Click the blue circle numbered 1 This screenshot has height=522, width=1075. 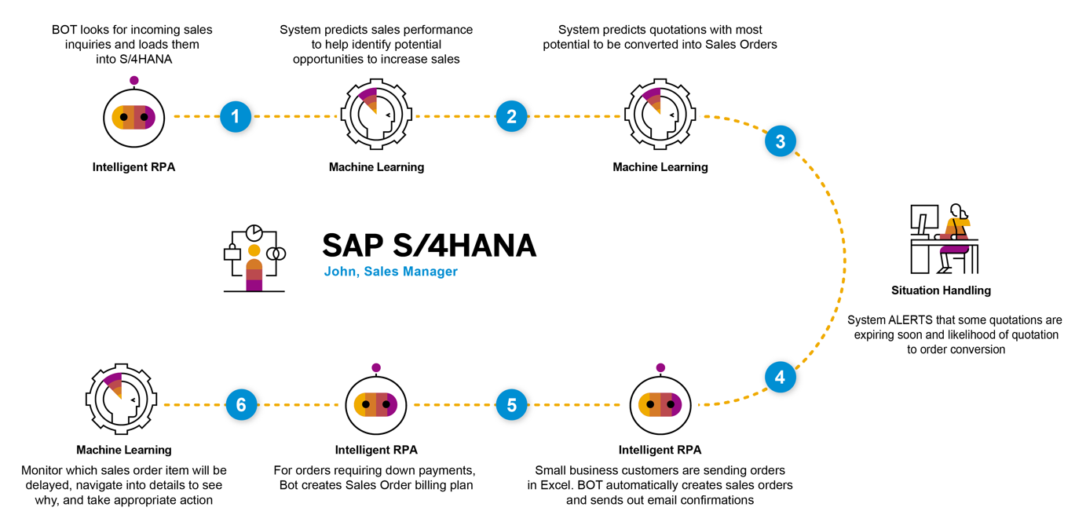coord(236,116)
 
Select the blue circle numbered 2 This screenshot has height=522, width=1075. coord(511,116)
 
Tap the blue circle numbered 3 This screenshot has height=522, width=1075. coord(780,141)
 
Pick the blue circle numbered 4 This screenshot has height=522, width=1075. coord(780,378)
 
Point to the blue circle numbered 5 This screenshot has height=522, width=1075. coord(511,405)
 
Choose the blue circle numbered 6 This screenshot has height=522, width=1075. coord(241,405)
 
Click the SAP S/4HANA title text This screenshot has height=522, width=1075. coord(429,246)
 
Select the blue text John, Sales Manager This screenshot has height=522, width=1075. coord(390,272)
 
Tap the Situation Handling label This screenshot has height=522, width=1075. coord(941,290)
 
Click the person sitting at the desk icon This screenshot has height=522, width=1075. coord(944,239)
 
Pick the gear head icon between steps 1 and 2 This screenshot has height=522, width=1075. coord(376,115)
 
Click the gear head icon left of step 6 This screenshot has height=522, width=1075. coord(122,400)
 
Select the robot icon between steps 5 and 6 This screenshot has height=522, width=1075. coord(376,404)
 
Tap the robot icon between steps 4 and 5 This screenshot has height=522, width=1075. coord(660,404)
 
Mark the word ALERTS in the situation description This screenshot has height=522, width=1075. coord(909,320)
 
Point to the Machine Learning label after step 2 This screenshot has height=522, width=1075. coord(660,166)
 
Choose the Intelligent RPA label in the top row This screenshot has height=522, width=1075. coord(133,166)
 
